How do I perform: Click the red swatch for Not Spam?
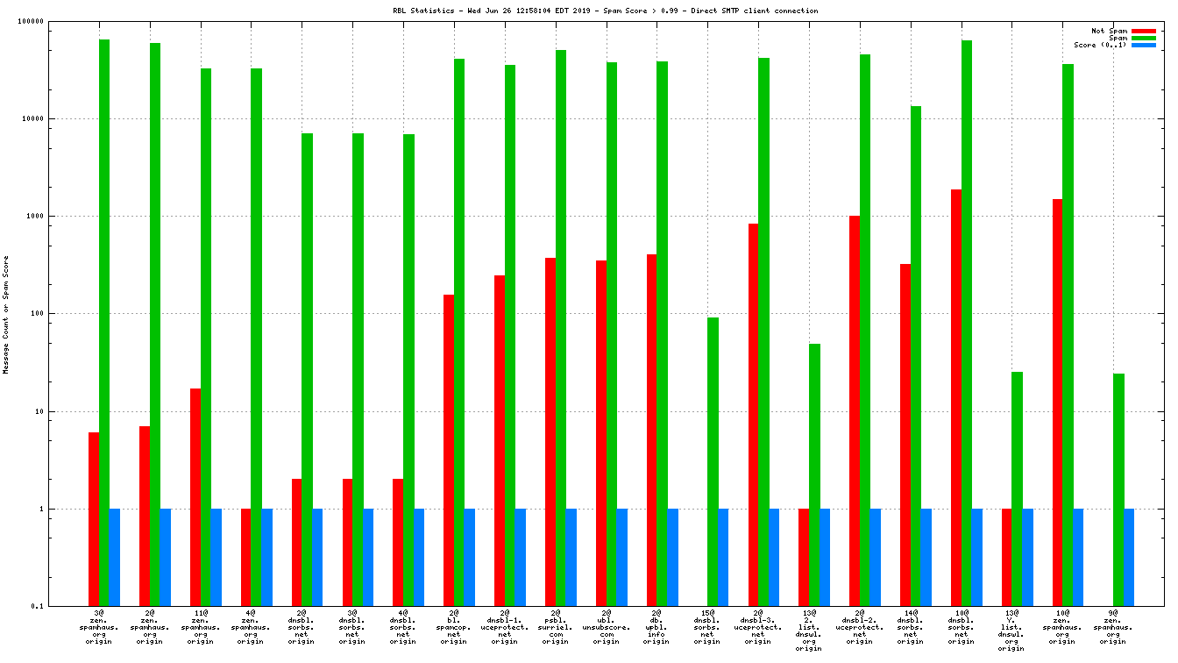pyautogui.click(x=1144, y=31)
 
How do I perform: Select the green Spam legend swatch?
pyautogui.click(x=1144, y=38)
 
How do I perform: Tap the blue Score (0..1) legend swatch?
pyautogui.click(x=1144, y=45)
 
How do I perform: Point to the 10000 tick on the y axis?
pyautogui.click(x=57, y=118)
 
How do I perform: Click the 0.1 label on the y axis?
pyautogui.click(x=61, y=606)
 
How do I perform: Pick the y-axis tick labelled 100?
pyautogui.click(x=60, y=313)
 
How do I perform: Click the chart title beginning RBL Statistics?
pyautogui.click(x=606, y=11)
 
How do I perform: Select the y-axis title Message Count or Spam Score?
pyautogui.click(x=6, y=315)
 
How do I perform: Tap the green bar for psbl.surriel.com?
pyautogui.click(x=561, y=328)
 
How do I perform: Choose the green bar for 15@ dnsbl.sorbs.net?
pyautogui.click(x=713, y=461)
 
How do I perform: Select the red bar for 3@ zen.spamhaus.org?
pyautogui.click(x=94, y=519)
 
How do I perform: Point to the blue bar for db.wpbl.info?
pyautogui.click(x=673, y=557)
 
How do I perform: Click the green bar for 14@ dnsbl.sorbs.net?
pyautogui.click(x=916, y=356)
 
